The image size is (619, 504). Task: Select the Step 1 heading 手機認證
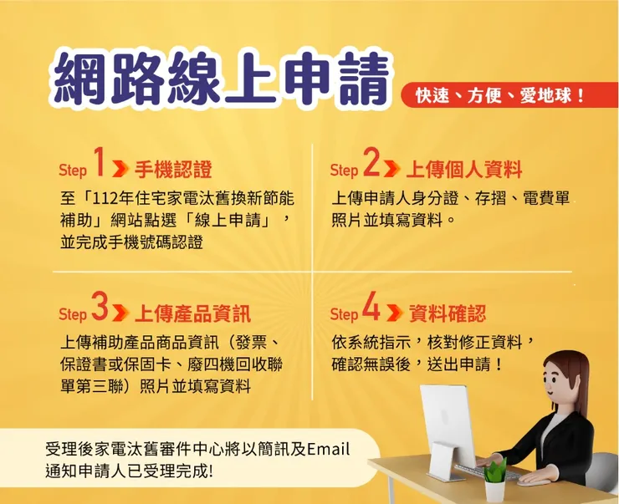click(x=173, y=170)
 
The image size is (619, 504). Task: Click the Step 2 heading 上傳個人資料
click(x=463, y=170)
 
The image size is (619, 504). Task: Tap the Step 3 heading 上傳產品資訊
click(x=192, y=314)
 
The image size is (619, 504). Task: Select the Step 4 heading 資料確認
click(x=448, y=314)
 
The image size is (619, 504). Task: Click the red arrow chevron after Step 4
click(x=395, y=315)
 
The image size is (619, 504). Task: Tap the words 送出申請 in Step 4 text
click(x=464, y=365)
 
